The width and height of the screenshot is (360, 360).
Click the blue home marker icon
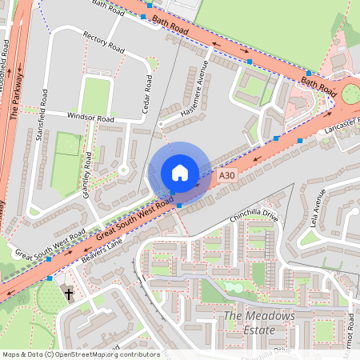coord(180,173)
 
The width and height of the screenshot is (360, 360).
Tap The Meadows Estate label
coord(258,323)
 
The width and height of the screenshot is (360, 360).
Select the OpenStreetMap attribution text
coord(80,354)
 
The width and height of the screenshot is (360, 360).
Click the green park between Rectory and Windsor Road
coord(95,95)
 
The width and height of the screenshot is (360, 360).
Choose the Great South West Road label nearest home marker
coord(135,218)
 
